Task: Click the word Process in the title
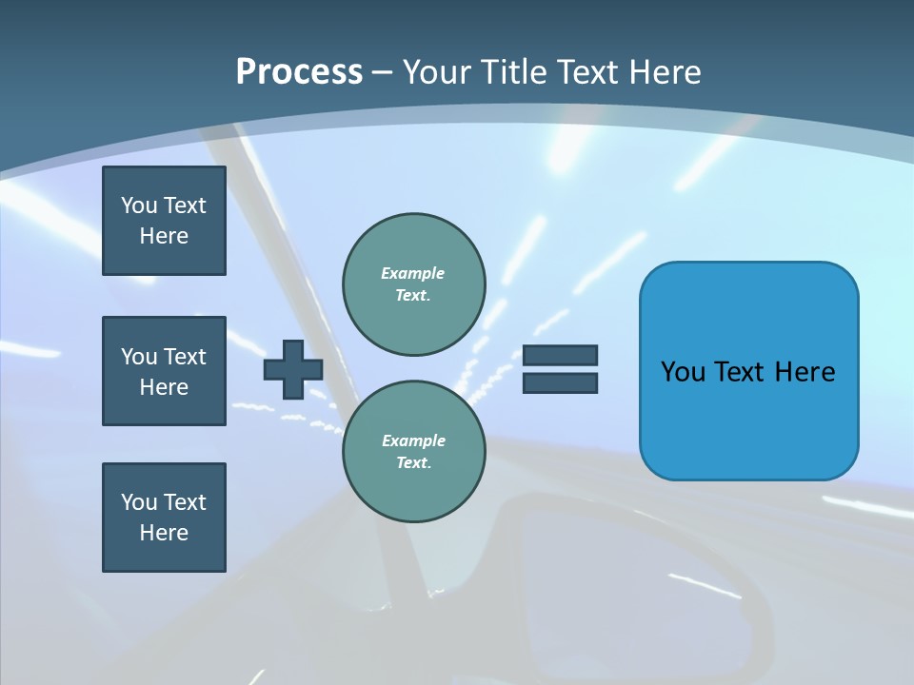point(299,72)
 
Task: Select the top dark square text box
point(164,221)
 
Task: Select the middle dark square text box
point(164,371)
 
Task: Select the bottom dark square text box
point(164,518)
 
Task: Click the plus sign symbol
point(293,369)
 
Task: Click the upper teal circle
point(413,284)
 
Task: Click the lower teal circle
point(413,452)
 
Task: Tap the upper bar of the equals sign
point(560,356)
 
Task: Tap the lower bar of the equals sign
point(560,383)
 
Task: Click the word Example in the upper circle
point(413,273)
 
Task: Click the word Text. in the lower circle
point(413,463)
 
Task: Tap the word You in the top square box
point(138,205)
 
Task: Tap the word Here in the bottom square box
point(164,533)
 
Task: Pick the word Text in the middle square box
point(185,357)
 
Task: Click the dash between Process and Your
point(383,72)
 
